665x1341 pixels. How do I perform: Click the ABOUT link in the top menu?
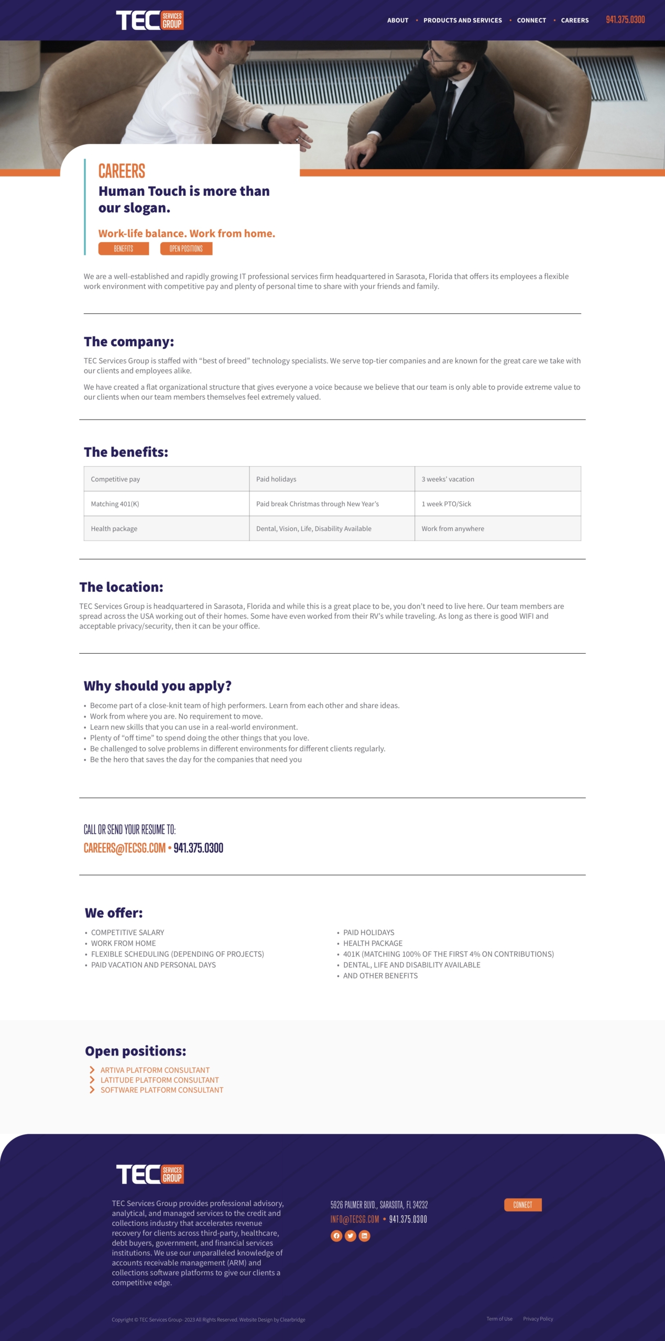click(397, 20)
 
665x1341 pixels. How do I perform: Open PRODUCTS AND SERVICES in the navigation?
click(462, 20)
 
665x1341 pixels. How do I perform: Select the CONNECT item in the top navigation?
click(531, 20)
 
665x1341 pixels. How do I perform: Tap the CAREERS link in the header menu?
click(574, 20)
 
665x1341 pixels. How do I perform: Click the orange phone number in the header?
click(625, 20)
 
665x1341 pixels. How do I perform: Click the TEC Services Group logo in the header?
click(149, 20)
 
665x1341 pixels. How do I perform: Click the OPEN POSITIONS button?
click(186, 248)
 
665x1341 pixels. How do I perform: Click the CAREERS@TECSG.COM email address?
click(124, 848)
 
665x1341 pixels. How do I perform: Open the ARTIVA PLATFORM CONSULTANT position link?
click(155, 1070)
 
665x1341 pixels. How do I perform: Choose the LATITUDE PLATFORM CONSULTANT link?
click(159, 1080)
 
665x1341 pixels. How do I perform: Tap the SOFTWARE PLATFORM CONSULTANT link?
click(161, 1090)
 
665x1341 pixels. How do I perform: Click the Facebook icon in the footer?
click(336, 1236)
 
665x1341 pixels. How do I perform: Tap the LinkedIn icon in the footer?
click(364, 1236)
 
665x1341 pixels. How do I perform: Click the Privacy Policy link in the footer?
click(538, 1318)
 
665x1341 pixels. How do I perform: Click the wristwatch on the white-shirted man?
click(268, 123)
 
